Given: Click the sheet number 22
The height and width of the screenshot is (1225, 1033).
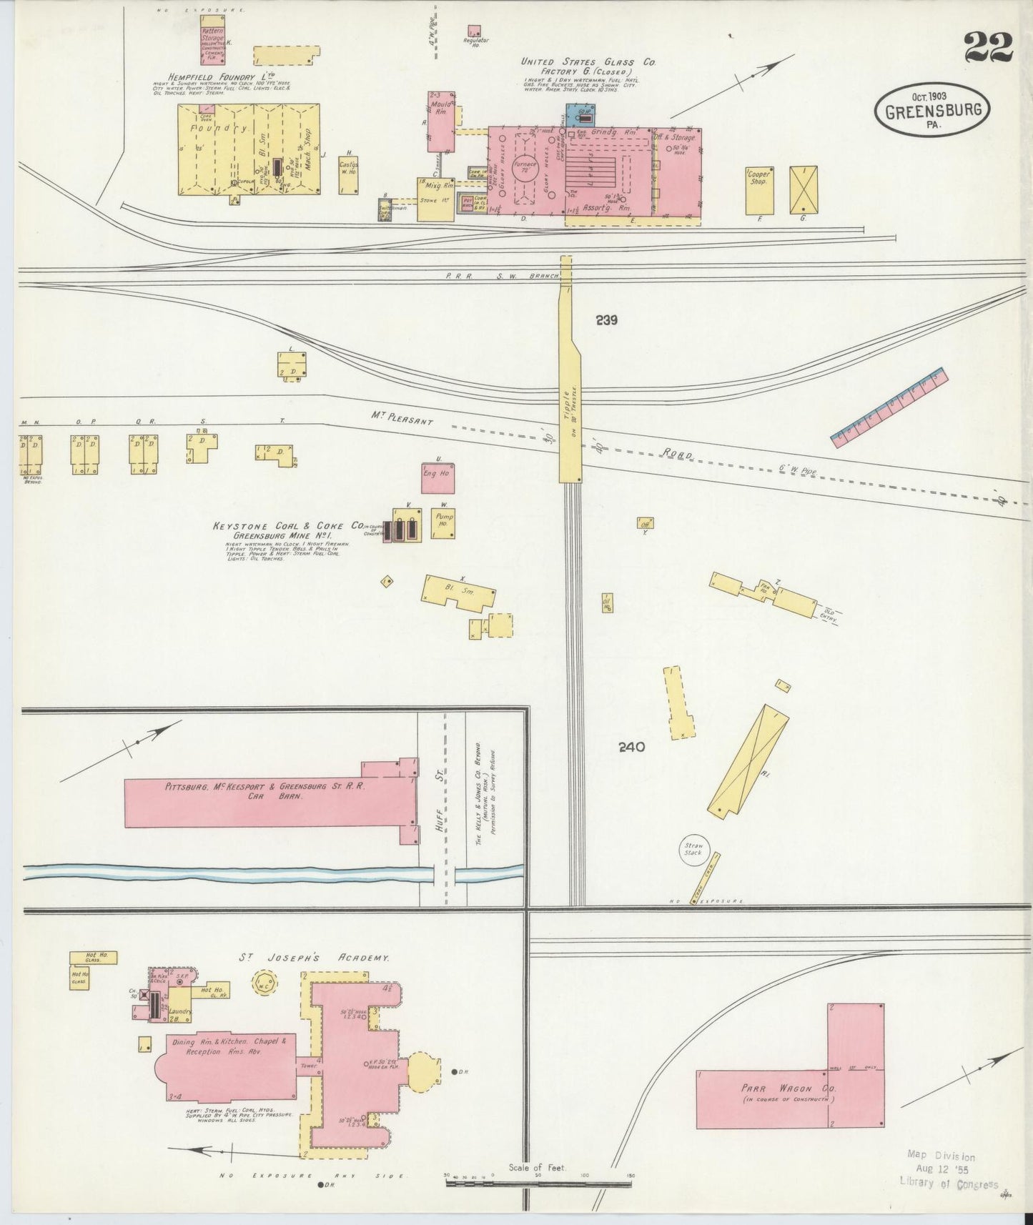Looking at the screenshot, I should point(988,49).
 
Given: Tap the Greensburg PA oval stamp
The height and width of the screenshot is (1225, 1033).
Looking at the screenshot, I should point(932,111).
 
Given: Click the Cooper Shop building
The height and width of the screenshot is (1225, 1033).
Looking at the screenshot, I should point(758,189).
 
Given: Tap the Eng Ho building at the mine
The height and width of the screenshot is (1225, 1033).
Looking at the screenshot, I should point(438,477).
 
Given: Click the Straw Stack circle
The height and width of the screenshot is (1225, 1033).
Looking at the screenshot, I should point(692,850).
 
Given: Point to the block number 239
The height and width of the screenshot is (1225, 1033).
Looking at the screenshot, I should point(606,321).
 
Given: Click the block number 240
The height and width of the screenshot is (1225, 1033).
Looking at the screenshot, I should point(632,748).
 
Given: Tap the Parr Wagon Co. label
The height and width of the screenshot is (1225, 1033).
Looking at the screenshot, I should point(789,1088).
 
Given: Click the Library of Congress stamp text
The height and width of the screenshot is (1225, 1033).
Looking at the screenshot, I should point(949,1184).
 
